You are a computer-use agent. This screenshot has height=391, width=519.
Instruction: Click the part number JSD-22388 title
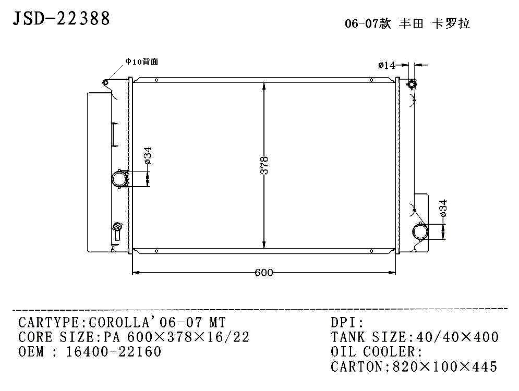coord(61,18)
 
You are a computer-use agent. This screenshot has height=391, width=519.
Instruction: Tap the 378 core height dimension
coord(264,165)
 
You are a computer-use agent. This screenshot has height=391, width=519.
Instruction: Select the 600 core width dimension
coord(264,273)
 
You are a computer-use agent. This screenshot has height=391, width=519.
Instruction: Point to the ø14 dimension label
coord(387,65)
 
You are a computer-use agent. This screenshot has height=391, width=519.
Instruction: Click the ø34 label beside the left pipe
coord(148,155)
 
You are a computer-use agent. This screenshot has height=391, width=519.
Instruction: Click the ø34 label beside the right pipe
coord(443,208)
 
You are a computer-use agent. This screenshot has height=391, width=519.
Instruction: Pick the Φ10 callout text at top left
coord(141,62)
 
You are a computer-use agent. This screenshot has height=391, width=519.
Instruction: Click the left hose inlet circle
coord(119,179)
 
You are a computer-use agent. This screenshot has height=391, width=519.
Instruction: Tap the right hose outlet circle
coord(420,231)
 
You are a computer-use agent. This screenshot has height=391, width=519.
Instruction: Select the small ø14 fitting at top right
coord(412,84)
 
